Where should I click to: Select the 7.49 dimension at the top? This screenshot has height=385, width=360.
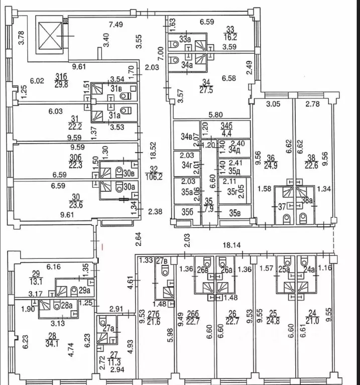[115, 24]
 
